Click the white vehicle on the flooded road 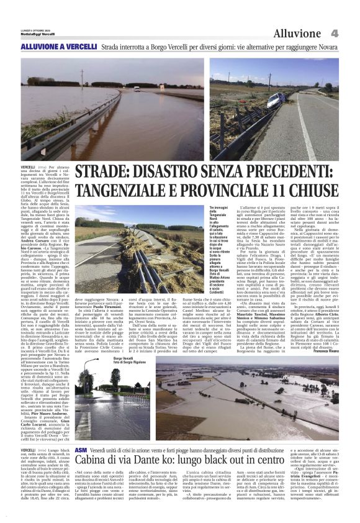[137, 89]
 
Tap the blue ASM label [81, 448]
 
